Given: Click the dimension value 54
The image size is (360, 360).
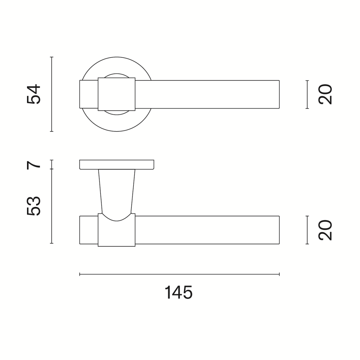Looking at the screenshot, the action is coord(34,94).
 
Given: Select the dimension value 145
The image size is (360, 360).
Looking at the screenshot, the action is coord(178,292).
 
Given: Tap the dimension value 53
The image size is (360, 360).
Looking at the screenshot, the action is coord(34,206).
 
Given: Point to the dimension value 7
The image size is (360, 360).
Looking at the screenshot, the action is coord(34,165).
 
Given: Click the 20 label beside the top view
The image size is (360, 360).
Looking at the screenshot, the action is coord(325,94).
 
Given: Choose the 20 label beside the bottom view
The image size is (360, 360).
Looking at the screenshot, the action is coord(325,230).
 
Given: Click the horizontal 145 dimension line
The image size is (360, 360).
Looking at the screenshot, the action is coord(179,274).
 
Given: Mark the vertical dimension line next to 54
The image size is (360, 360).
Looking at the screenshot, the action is coord(52,94).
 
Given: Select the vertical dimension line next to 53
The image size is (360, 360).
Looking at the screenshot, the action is coord(52,206).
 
